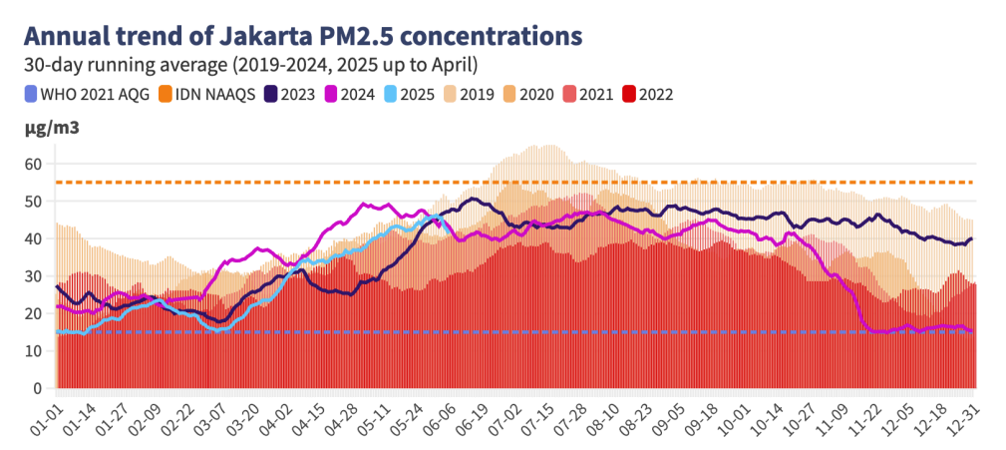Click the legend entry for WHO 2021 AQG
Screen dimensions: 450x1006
point(82,95)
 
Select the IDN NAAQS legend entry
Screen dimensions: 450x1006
point(207,95)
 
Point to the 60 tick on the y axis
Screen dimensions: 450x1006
point(33,163)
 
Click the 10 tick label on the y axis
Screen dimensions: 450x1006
point(33,351)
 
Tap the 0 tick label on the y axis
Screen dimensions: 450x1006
point(37,388)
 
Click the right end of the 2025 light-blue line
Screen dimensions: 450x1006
point(440,218)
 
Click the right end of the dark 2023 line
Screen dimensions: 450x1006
point(972,238)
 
